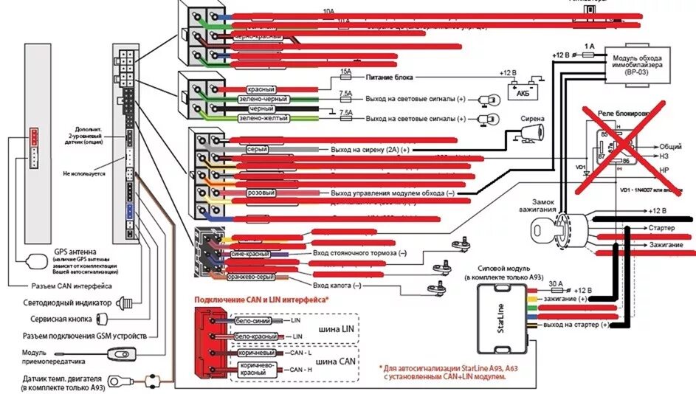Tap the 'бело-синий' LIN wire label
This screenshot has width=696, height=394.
point(252,321)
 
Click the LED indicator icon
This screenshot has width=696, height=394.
point(131,303)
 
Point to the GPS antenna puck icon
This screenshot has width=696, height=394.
point(37,260)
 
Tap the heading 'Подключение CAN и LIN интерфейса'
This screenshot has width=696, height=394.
point(261,300)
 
